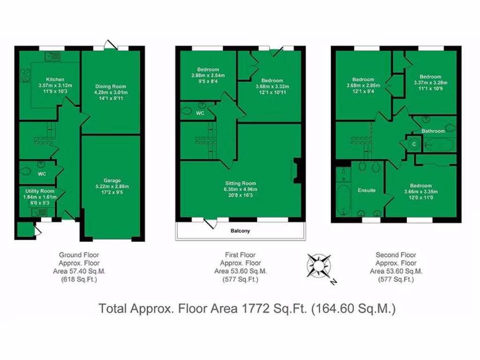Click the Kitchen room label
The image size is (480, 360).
[x=55, y=79]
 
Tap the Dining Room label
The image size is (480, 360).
[x=111, y=86]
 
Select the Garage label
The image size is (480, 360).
[x=112, y=180]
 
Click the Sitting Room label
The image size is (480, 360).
[x=240, y=183]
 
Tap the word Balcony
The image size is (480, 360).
[x=240, y=231]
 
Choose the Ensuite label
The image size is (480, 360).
[x=367, y=190]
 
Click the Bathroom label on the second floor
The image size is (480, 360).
[x=433, y=131]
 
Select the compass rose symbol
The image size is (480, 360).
[x=319, y=266]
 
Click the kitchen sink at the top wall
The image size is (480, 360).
[x=52, y=56]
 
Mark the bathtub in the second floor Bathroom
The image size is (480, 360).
[x=439, y=144]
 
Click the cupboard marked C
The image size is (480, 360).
[x=413, y=144]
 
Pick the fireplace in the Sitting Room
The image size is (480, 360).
[x=295, y=171]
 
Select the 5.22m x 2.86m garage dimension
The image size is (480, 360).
[x=112, y=186]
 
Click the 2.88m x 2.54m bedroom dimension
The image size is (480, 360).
[x=208, y=75]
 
